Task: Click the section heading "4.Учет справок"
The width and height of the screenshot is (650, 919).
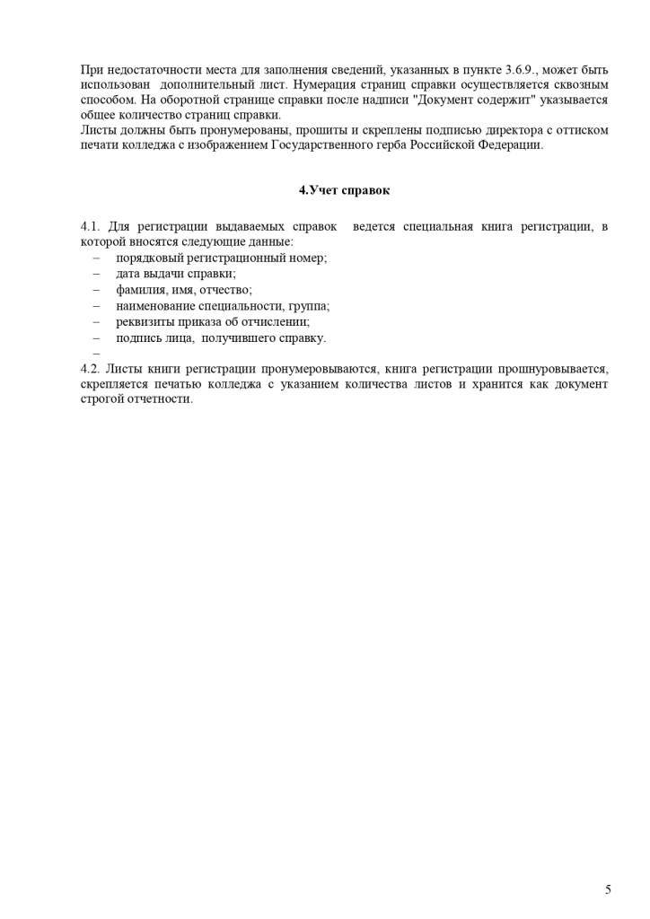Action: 345,190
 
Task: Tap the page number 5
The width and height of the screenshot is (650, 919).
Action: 608,889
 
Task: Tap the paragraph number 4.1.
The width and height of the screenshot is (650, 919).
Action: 93,226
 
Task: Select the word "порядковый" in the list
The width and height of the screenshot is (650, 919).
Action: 147,258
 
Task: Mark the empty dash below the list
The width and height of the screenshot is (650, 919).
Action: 95,354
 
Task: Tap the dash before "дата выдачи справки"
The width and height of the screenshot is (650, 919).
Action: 95,274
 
